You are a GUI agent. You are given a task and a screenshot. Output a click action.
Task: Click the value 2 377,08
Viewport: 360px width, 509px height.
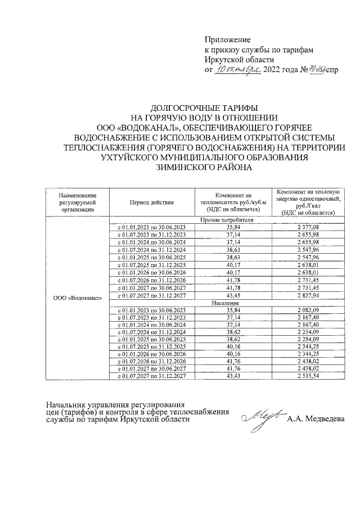307,228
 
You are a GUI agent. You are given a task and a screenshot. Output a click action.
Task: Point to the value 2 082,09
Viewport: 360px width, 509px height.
307,310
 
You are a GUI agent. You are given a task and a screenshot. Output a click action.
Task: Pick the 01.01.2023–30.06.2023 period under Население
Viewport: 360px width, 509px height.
150,310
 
